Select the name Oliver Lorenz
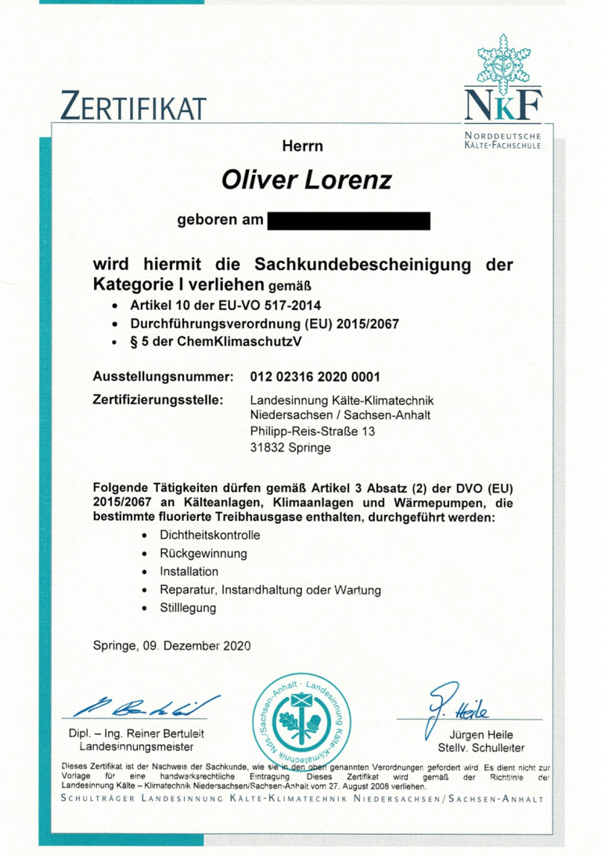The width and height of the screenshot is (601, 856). point(306,182)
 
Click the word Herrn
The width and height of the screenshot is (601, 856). point(302,146)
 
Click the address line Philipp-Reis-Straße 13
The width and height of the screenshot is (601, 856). point(306,432)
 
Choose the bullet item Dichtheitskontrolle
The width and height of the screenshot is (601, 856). point(209,535)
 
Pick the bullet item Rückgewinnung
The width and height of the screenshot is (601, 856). point(203,553)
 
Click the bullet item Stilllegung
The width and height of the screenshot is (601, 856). point(188,607)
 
